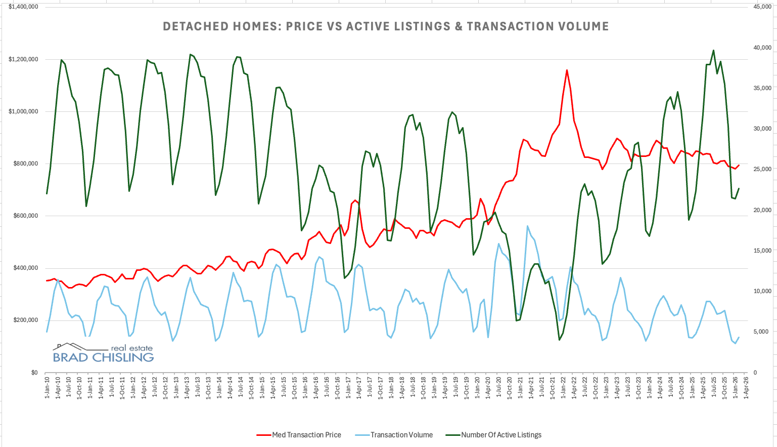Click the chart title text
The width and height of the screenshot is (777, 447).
pos(386,26)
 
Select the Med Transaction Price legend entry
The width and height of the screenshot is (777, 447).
pos(306,435)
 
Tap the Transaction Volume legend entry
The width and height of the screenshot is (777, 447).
pos(401,435)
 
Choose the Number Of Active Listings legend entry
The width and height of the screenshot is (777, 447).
pos(500,435)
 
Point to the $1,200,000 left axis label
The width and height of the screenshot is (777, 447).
pos(23,59)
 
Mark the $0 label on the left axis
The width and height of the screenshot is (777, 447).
pos(34,373)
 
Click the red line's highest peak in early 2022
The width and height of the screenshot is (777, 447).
pos(567,70)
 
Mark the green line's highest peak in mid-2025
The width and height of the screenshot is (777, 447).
pos(713,50)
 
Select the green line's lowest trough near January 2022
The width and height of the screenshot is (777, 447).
pos(559,340)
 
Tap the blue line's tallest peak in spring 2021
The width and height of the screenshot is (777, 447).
pos(527,226)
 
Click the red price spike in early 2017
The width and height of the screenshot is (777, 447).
pos(355,200)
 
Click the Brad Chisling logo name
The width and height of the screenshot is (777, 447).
pos(103,357)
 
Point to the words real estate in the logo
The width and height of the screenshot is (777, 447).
pos(131,348)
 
